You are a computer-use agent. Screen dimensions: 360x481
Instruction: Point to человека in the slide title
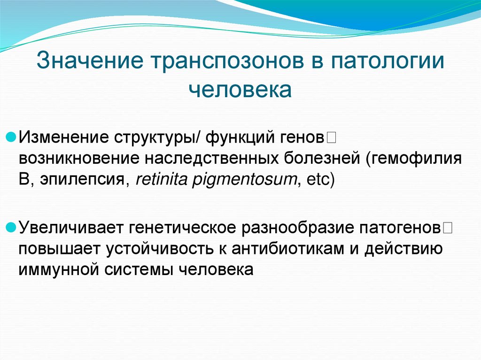240,89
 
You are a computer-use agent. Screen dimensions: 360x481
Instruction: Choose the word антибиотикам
287,249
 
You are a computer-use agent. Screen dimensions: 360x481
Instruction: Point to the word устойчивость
167,249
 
